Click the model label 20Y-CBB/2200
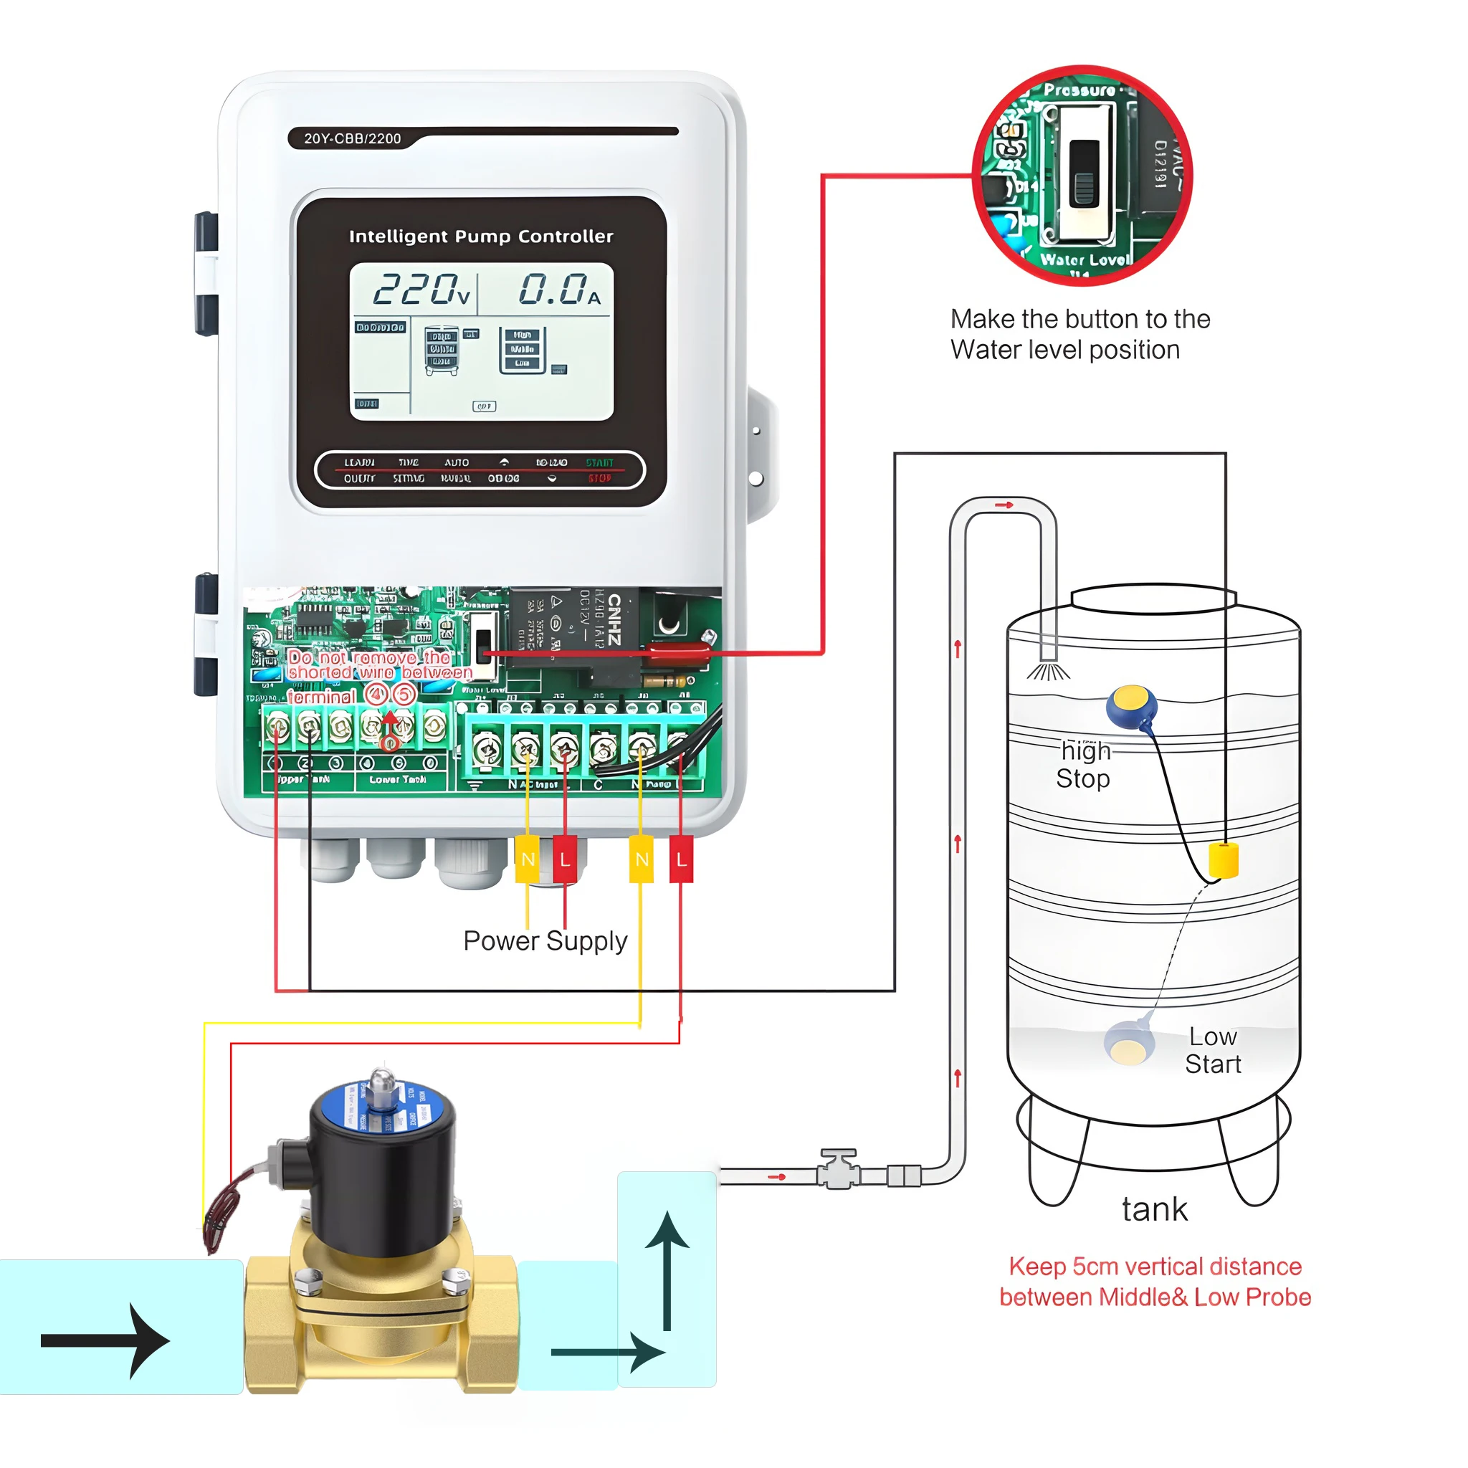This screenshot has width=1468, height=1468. click(353, 138)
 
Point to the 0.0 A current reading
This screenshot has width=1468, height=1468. click(558, 290)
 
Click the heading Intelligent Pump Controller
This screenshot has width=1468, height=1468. click(480, 237)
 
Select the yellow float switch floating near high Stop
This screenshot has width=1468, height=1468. click(1130, 705)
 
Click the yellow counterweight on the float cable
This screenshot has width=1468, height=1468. click(1224, 860)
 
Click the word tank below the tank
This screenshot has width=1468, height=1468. click(1153, 1209)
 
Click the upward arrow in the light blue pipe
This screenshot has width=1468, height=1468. click(667, 1269)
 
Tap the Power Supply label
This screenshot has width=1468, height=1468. click(545, 940)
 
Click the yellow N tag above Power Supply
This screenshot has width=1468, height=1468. click(528, 859)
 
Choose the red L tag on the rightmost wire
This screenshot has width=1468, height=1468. click(681, 859)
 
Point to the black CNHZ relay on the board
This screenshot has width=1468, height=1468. click(574, 628)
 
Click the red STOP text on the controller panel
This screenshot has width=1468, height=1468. click(599, 479)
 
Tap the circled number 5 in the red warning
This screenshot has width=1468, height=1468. click(404, 695)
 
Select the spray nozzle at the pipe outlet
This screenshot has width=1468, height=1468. click(1048, 670)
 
